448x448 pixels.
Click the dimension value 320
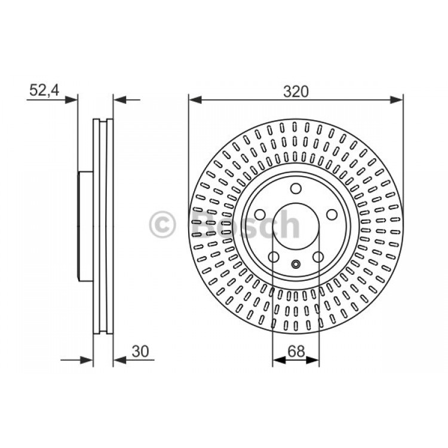tap(296, 92)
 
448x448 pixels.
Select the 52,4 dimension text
tap(44, 90)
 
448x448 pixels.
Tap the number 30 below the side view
tap(140, 351)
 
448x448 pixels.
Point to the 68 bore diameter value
tap(296, 351)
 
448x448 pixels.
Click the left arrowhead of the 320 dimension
tap(195, 100)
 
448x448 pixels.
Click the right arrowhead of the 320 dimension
tap(397, 100)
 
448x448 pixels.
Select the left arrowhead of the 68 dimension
tap(279, 360)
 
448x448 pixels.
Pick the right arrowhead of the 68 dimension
tap(312, 360)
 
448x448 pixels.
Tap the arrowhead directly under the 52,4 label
tap(71, 100)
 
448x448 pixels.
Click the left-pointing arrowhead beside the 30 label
tap(120, 360)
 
